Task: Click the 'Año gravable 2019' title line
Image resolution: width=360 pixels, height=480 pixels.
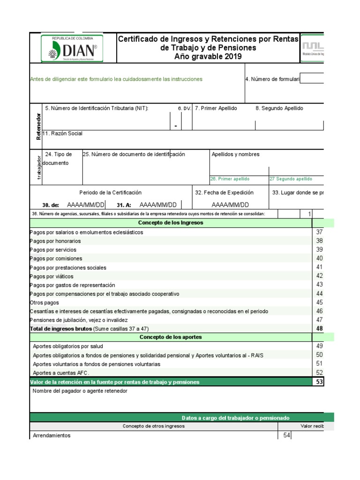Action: (x=208, y=57)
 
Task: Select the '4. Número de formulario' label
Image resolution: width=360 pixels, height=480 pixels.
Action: (x=272, y=79)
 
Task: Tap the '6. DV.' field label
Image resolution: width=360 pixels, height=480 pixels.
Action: (x=184, y=108)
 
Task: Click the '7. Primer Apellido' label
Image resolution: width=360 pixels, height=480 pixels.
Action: (x=216, y=108)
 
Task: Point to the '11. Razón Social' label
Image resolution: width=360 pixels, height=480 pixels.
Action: (x=62, y=134)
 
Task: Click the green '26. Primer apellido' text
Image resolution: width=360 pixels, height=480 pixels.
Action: (x=230, y=179)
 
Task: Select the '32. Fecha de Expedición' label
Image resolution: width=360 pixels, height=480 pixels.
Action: (x=224, y=193)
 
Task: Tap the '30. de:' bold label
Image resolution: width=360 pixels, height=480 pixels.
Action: (x=51, y=205)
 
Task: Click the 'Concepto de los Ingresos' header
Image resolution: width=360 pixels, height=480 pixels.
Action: (x=171, y=223)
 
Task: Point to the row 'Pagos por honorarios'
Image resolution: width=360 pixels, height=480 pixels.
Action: (x=55, y=241)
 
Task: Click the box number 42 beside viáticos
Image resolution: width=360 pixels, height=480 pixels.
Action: (x=319, y=276)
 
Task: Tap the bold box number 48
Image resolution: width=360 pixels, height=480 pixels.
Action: (x=319, y=329)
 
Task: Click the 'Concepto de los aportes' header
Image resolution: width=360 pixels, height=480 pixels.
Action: (x=171, y=337)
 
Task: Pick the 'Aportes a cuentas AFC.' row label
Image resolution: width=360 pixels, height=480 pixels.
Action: (x=61, y=373)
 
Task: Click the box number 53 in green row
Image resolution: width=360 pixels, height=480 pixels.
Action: (x=319, y=382)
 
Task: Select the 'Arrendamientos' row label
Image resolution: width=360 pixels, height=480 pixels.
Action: (x=52, y=435)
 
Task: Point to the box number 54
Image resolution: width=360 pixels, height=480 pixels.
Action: (x=287, y=435)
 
